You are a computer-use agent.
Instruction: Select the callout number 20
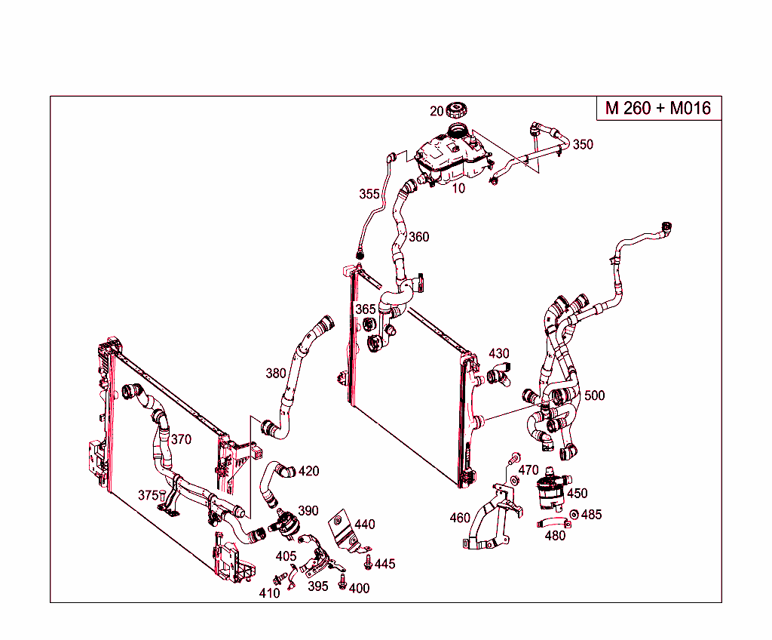[437, 112]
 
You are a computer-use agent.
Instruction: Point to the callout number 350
[583, 145]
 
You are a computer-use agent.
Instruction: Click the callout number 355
[369, 194]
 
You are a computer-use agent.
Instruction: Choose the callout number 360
[418, 237]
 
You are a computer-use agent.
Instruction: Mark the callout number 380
[276, 373]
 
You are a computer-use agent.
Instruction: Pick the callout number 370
[181, 439]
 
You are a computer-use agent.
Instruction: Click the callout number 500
[594, 395]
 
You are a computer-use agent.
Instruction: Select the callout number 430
[499, 353]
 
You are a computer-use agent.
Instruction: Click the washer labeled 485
[574, 515]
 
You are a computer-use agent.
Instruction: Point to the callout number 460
[460, 518]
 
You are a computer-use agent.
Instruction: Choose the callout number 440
[365, 525]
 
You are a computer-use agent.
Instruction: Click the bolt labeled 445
[368, 562]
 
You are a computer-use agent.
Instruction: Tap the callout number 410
[269, 593]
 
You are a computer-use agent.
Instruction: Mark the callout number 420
[308, 471]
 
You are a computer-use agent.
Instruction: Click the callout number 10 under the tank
[458, 189]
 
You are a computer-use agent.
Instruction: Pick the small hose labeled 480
[550, 522]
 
